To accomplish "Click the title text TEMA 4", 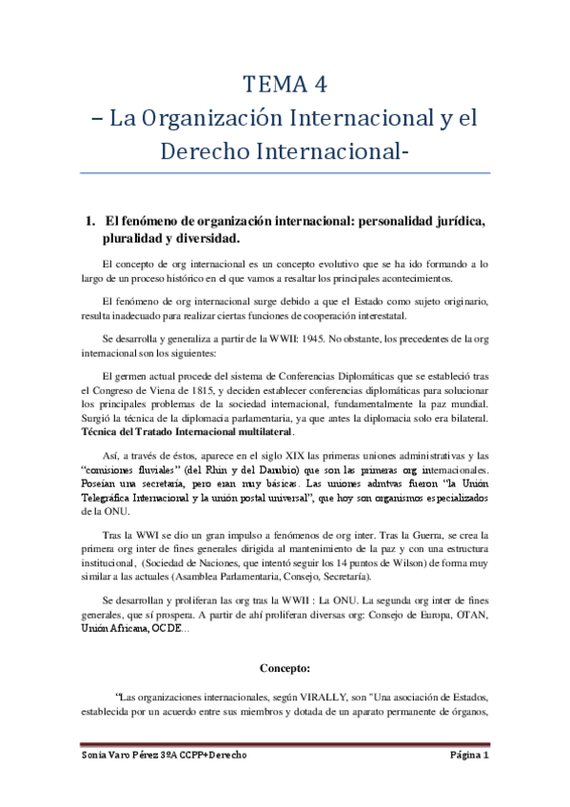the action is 285,85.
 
